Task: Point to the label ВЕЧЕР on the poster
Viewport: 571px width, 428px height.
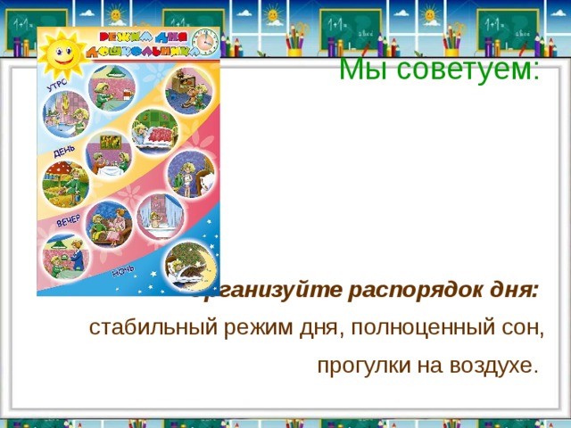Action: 69,218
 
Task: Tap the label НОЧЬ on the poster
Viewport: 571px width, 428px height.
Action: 123,271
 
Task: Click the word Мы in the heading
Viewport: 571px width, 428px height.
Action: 361,68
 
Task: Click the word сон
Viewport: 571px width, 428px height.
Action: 521,328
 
